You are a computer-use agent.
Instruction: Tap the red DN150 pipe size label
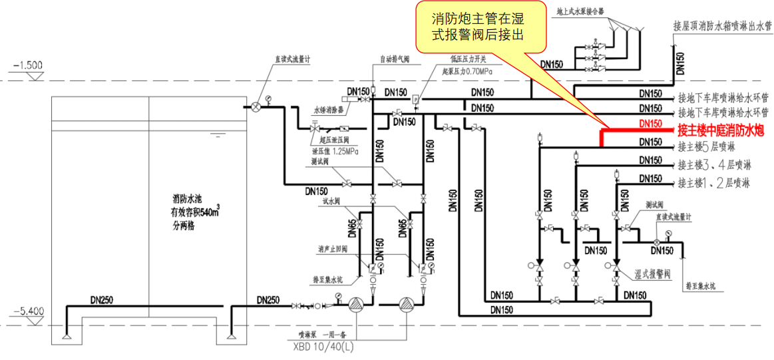pyautogui.click(x=650, y=124)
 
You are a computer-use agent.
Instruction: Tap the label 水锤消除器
pyautogui.click(x=329, y=110)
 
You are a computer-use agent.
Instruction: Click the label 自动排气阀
pyautogui.click(x=395, y=59)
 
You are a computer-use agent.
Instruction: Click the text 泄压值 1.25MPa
pyautogui.click(x=335, y=151)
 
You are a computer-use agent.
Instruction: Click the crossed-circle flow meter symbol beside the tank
pyautogui.click(x=256, y=106)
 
